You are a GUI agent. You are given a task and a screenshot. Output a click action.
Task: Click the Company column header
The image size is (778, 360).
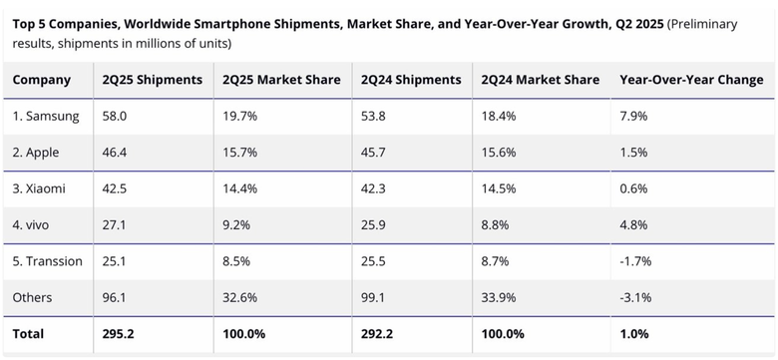click(x=42, y=80)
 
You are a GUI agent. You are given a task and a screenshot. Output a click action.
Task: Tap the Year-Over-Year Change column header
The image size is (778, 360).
click(x=690, y=80)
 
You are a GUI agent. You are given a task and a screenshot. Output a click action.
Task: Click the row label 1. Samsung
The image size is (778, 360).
click(x=46, y=116)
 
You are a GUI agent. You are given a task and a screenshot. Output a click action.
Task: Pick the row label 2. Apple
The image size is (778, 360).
click(x=39, y=153)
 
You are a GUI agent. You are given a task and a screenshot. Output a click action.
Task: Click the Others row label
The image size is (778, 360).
click(x=33, y=297)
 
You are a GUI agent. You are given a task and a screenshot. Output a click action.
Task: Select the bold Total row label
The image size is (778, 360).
click(x=29, y=333)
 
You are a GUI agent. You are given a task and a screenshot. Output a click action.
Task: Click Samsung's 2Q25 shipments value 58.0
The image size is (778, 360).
click(x=115, y=116)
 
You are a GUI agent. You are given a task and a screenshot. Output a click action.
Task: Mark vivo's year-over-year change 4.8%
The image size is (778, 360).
click(x=633, y=224)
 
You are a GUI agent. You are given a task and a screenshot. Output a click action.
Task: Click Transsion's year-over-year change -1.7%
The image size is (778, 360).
click(x=635, y=261)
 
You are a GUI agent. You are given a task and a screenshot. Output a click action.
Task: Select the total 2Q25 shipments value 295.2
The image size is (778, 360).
click(x=119, y=333)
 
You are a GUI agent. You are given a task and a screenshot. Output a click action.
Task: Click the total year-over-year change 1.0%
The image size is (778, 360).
click(x=634, y=333)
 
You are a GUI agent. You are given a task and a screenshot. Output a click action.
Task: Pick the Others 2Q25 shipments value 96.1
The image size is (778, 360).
click(x=115, y=297)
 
